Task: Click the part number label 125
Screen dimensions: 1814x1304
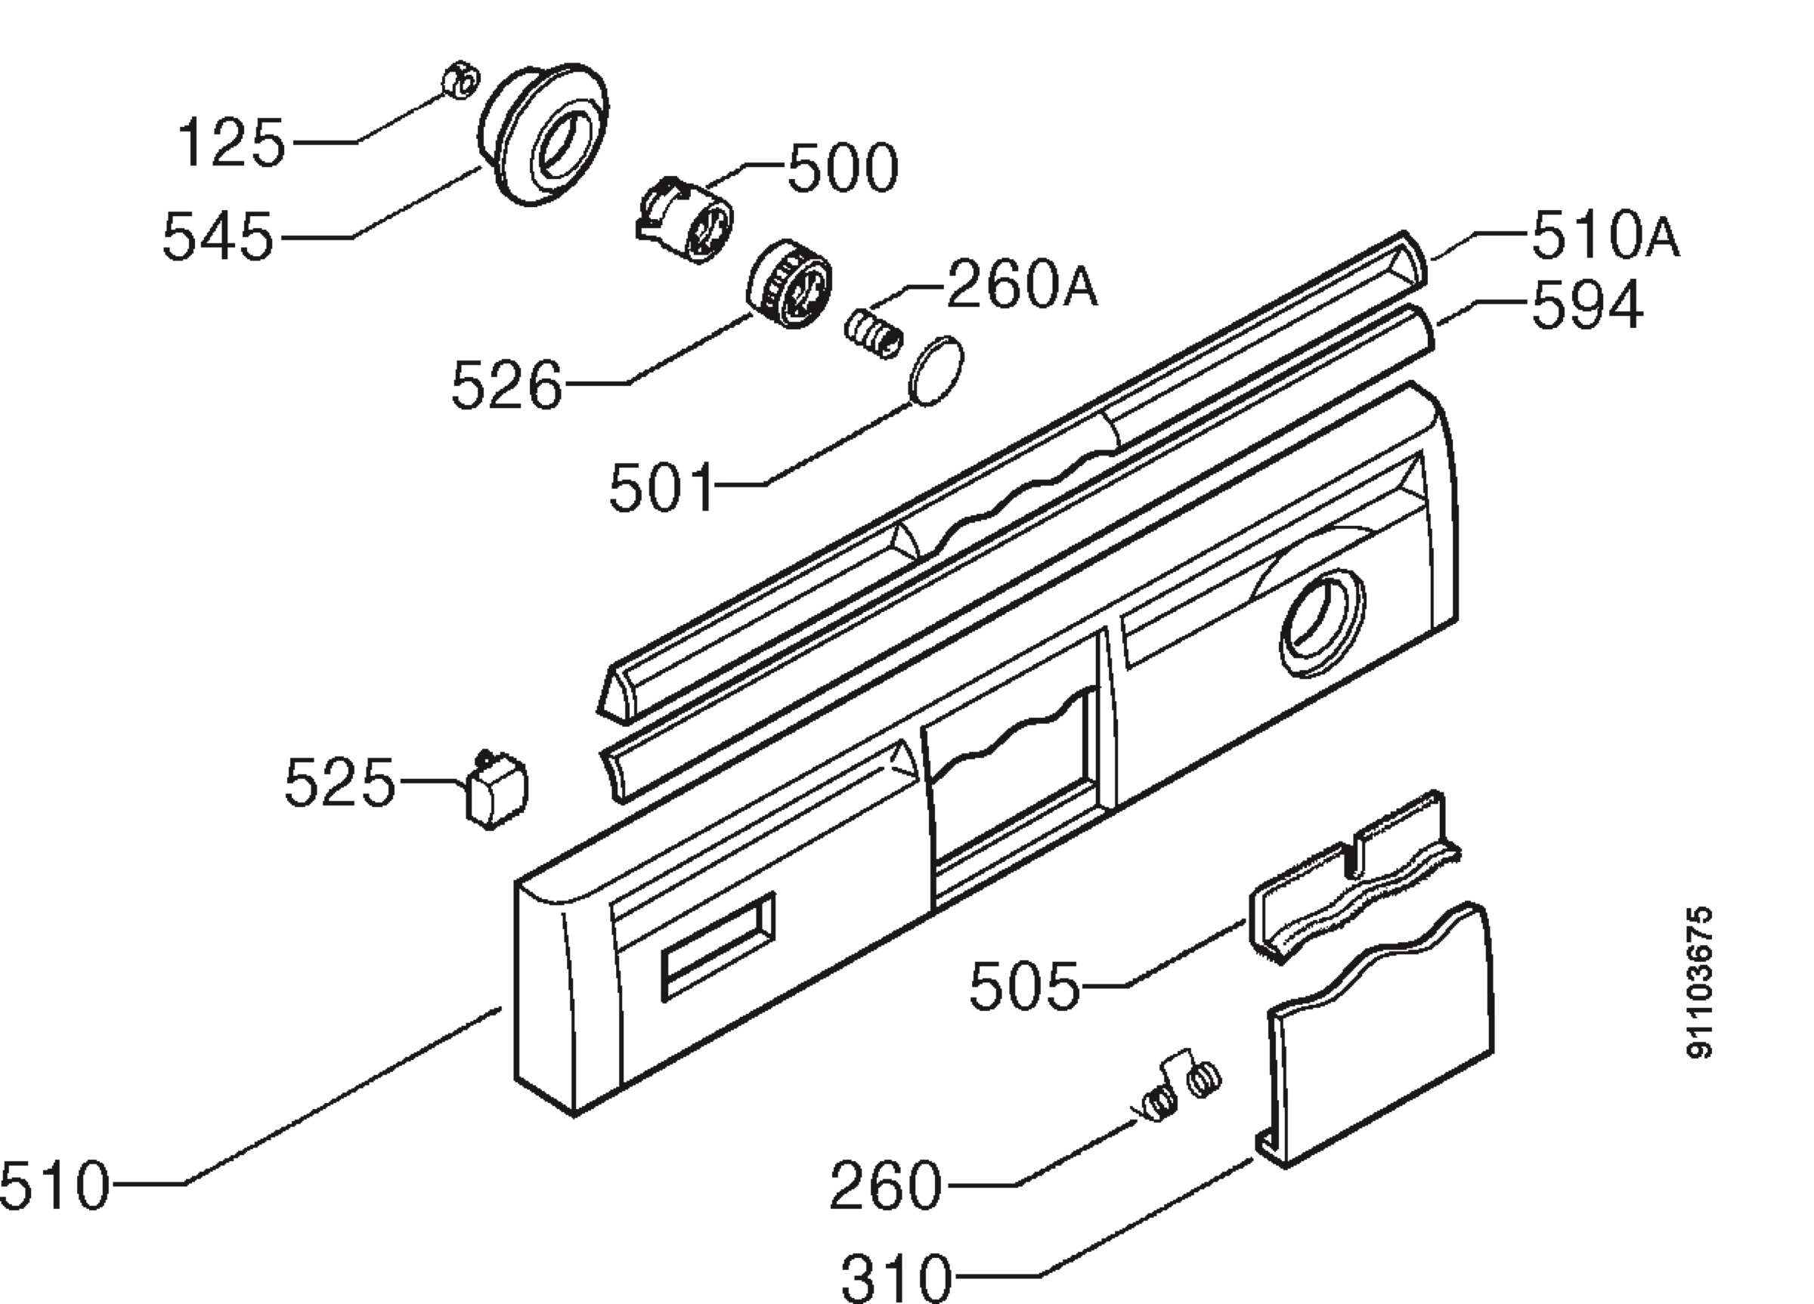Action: pyautogui.click(x=231, y=143)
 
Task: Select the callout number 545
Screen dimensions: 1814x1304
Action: pyautogui.click(x=218, y=237)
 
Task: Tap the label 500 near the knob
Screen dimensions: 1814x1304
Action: pyautogui.click(x=843, y=168)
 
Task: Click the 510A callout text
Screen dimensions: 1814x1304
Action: pyautogui.click(x=1605, y=236)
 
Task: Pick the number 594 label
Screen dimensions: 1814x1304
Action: pyautogui.click(x=1586, y=305)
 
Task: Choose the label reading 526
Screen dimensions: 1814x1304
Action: pyautogui.click(x=507, y=386)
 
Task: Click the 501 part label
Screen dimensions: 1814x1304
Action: pyautogui.click(x=661, y=488)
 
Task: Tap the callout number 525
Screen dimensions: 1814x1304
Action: pyautogui.click(x=340, y=783)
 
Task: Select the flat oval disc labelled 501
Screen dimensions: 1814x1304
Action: pyautogui.click(x=936, y=372)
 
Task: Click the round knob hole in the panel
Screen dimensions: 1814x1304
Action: pyautogui.click(x=1321, y=623)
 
